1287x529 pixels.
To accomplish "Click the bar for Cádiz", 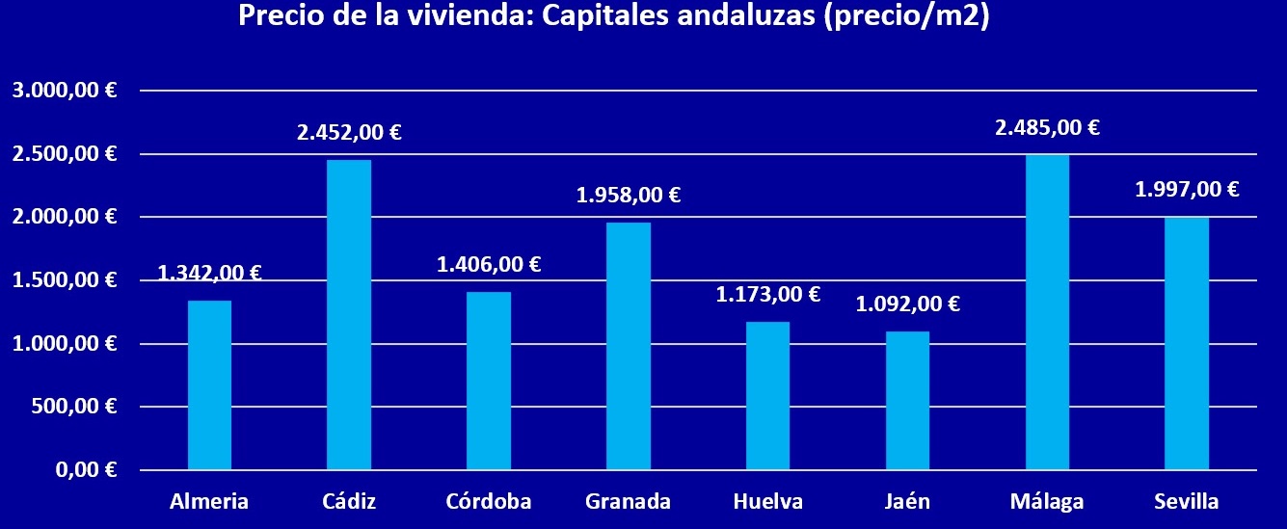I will click(x=349, y=315).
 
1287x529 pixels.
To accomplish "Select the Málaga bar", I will click(x=1047, y=312).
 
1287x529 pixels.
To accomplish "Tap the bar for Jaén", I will click(x=907, y=401).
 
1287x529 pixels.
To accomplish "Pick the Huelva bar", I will click(x=767, y=396).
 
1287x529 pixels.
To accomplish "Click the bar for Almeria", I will click(x=209, y=385).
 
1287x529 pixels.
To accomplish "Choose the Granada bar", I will click(x=629, y=346).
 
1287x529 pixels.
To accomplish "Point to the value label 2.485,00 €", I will click(x=1048, y=127).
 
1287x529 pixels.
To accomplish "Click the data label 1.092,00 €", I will click(x=908, y=304).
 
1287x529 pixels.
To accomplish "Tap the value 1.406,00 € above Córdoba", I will click(x=489, y=264).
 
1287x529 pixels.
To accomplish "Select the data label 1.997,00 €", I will click(x=1187, y=190).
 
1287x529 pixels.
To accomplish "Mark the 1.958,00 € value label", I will click(x=629, y=195).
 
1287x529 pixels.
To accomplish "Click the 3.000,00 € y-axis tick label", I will click(x=65, y=91).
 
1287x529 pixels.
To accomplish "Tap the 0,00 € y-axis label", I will click(x=86, y=470).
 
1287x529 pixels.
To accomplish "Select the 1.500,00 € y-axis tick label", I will click(x=65, y=280).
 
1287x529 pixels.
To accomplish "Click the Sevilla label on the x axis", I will click(x=1186, y=501).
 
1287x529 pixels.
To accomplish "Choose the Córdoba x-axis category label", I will click(x=489, y=501).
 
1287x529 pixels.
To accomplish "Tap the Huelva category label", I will click(x=767, y=501).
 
